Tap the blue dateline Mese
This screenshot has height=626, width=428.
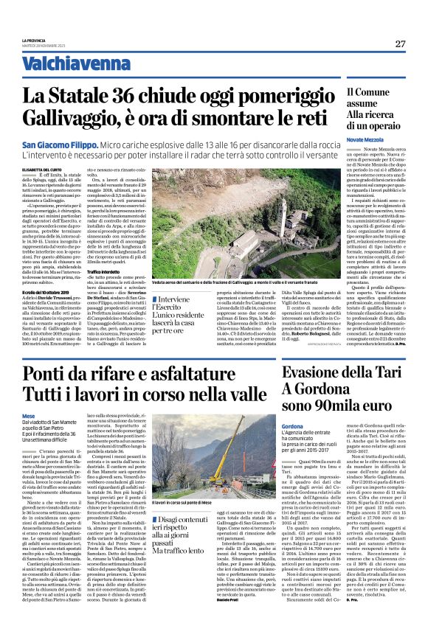pyautogui.click(x=29, y=415)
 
